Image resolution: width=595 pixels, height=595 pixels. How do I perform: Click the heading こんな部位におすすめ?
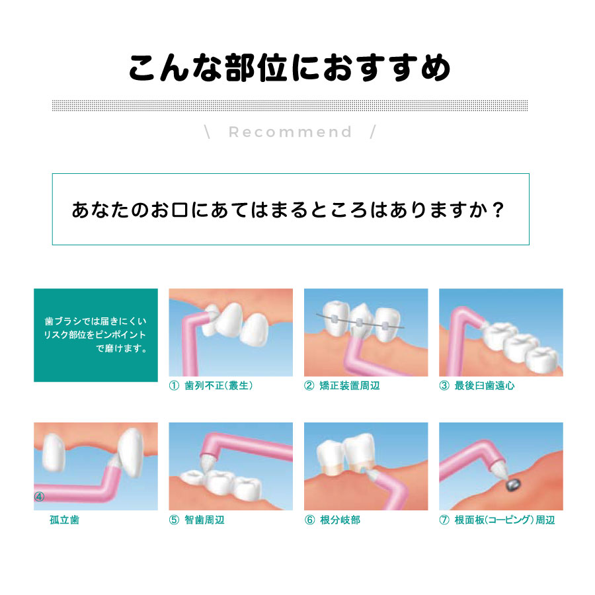[290, 68]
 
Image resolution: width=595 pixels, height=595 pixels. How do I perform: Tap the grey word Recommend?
[290, 132]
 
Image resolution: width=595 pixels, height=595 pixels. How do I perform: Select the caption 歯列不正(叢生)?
[219, 385]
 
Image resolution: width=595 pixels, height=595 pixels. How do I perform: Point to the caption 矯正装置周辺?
[350, 385]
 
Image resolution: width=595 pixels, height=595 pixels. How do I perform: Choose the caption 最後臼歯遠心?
[485, 385]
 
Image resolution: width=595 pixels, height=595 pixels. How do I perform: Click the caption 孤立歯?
[65, 520]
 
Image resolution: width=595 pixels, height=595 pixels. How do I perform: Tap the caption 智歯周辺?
[204, 520]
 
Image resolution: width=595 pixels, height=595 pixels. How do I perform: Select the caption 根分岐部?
[340, 520]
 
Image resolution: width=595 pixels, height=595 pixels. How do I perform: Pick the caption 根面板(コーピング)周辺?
[504, 520]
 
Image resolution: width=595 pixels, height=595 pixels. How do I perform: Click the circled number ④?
[39, 496]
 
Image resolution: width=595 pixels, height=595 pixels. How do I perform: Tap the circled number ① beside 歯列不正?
[174, 385]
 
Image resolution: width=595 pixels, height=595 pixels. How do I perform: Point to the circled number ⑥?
[309, 520]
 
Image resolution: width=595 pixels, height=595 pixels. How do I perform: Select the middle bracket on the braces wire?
[359, 323]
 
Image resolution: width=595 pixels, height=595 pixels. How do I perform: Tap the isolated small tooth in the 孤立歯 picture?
[54, 452]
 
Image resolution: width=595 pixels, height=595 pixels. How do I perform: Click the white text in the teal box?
[95, 335]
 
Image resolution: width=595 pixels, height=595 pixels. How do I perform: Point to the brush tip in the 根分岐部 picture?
[373, 474]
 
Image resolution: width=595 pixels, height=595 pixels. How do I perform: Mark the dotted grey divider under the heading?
[290, 106]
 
